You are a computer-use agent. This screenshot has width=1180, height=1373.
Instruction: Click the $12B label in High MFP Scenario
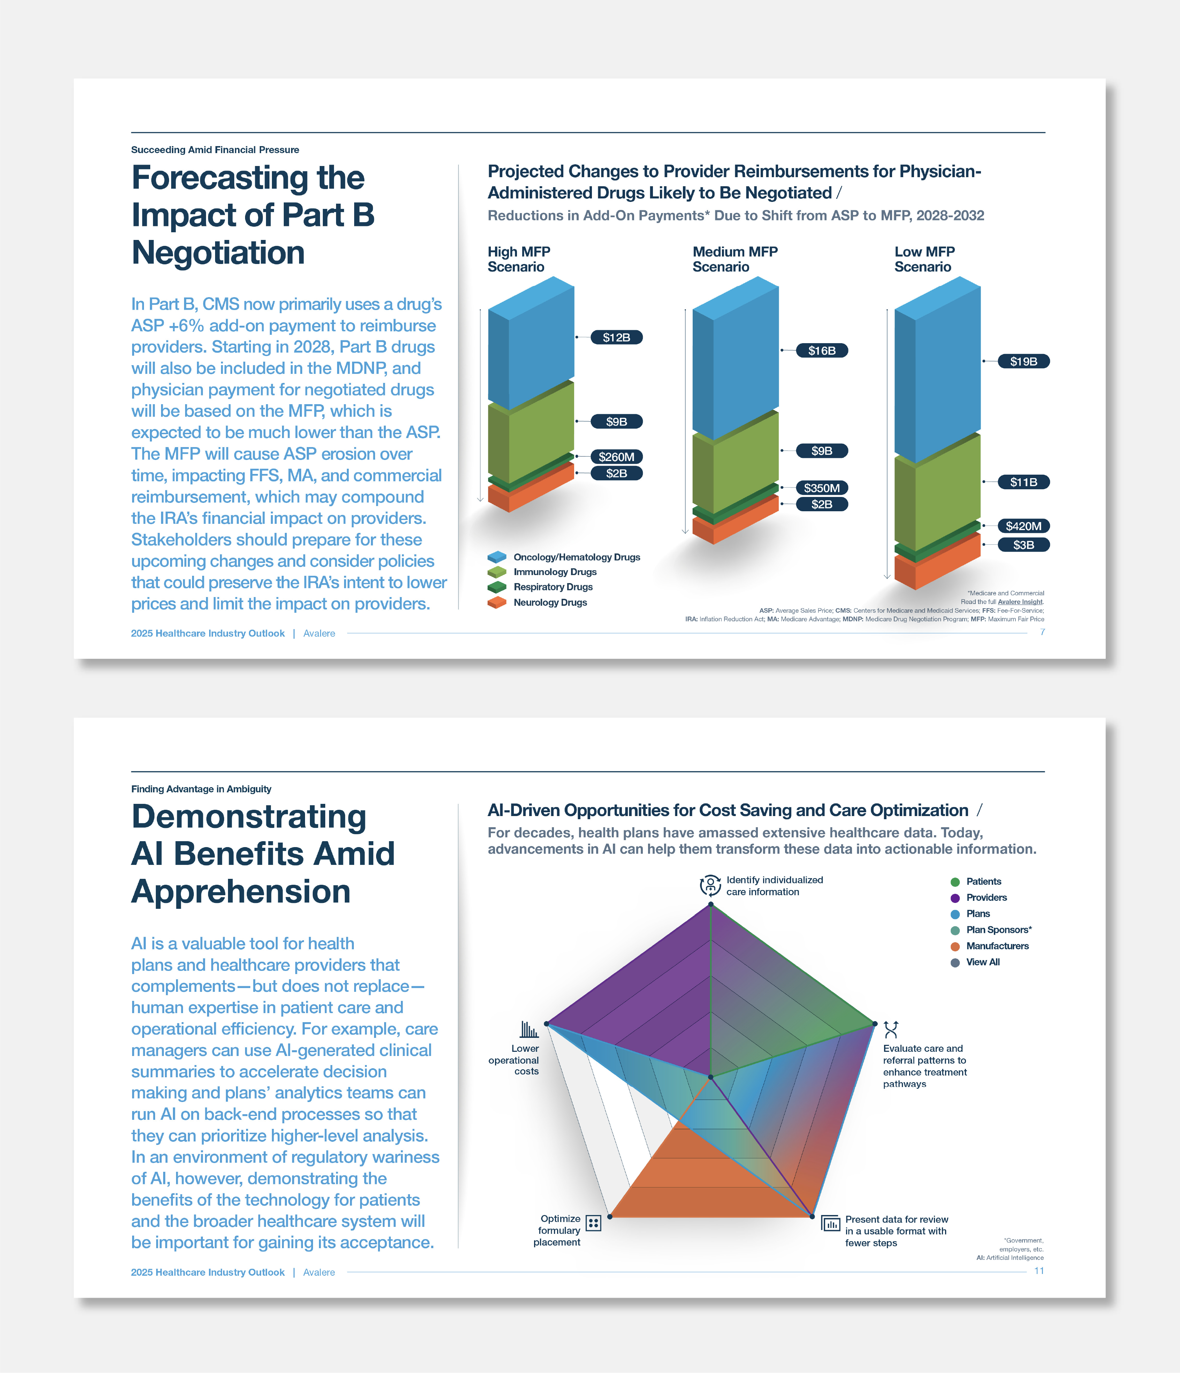click(x=616, y=337)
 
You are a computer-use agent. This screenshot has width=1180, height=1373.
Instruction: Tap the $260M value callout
click(x=616, y=457)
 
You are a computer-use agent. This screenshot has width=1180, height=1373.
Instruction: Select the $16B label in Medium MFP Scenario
click(x=822, y=350)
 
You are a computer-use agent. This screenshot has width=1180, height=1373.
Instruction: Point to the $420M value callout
click(x=1023, y=526)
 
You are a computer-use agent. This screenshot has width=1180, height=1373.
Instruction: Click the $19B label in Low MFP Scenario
click(x=1023, y=361)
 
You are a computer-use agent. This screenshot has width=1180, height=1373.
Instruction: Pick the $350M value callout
click(x=822, y=488)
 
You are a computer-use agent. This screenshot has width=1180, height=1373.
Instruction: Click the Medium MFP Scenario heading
click(x=735, y=259)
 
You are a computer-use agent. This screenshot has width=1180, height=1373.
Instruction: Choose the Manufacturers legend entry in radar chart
click(x=997, y=946)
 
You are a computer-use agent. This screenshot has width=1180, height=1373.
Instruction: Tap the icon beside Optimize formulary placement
click(x=594, y=1223)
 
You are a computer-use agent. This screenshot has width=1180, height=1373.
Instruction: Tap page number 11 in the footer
click(x=1039, y=1271)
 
